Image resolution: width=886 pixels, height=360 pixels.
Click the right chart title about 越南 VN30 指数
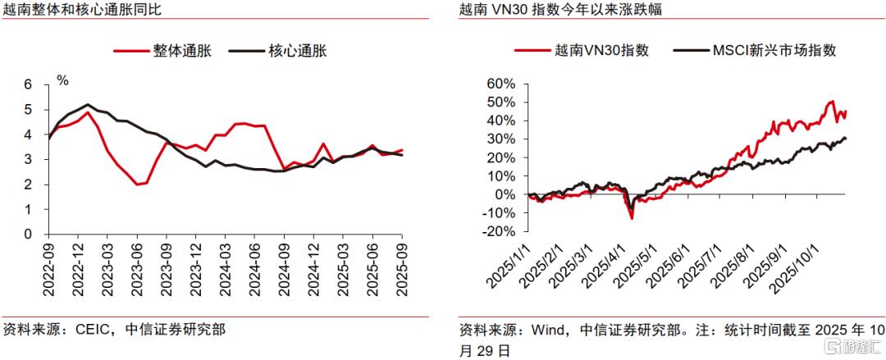coord(561,11)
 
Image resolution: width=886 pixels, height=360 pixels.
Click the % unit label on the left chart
coord(62,80)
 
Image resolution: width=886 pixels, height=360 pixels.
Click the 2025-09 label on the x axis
coord(402,264)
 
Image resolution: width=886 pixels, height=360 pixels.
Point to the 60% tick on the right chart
coord(500,84)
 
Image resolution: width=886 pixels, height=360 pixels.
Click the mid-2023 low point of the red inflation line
coord(139,184)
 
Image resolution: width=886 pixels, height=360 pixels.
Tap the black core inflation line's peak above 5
coord(88,105)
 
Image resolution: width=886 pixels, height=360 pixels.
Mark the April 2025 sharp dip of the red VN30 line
coord(632,217)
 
